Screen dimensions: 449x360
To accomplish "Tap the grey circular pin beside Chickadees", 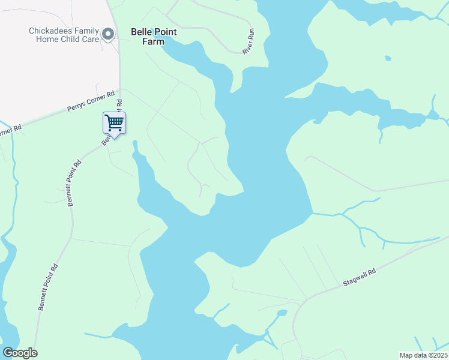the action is [x=108, y=34].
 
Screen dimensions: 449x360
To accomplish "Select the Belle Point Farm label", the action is [x=154, y=36].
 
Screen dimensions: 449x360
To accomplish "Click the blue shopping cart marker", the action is [x=113, y=124].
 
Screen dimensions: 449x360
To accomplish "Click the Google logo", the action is [x=20, y=353].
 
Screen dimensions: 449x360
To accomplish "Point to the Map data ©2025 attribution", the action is [x=423, y=355].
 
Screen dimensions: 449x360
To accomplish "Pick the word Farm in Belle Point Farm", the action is [x=154, y=41].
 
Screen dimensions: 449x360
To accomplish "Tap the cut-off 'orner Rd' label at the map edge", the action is [x=10, y=130].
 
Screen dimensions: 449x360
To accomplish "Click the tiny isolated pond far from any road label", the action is [x=388, y=59].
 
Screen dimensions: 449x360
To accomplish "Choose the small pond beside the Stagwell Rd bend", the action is [x=282, y=313].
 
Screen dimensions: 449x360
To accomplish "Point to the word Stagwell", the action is [x=355, y=280].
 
